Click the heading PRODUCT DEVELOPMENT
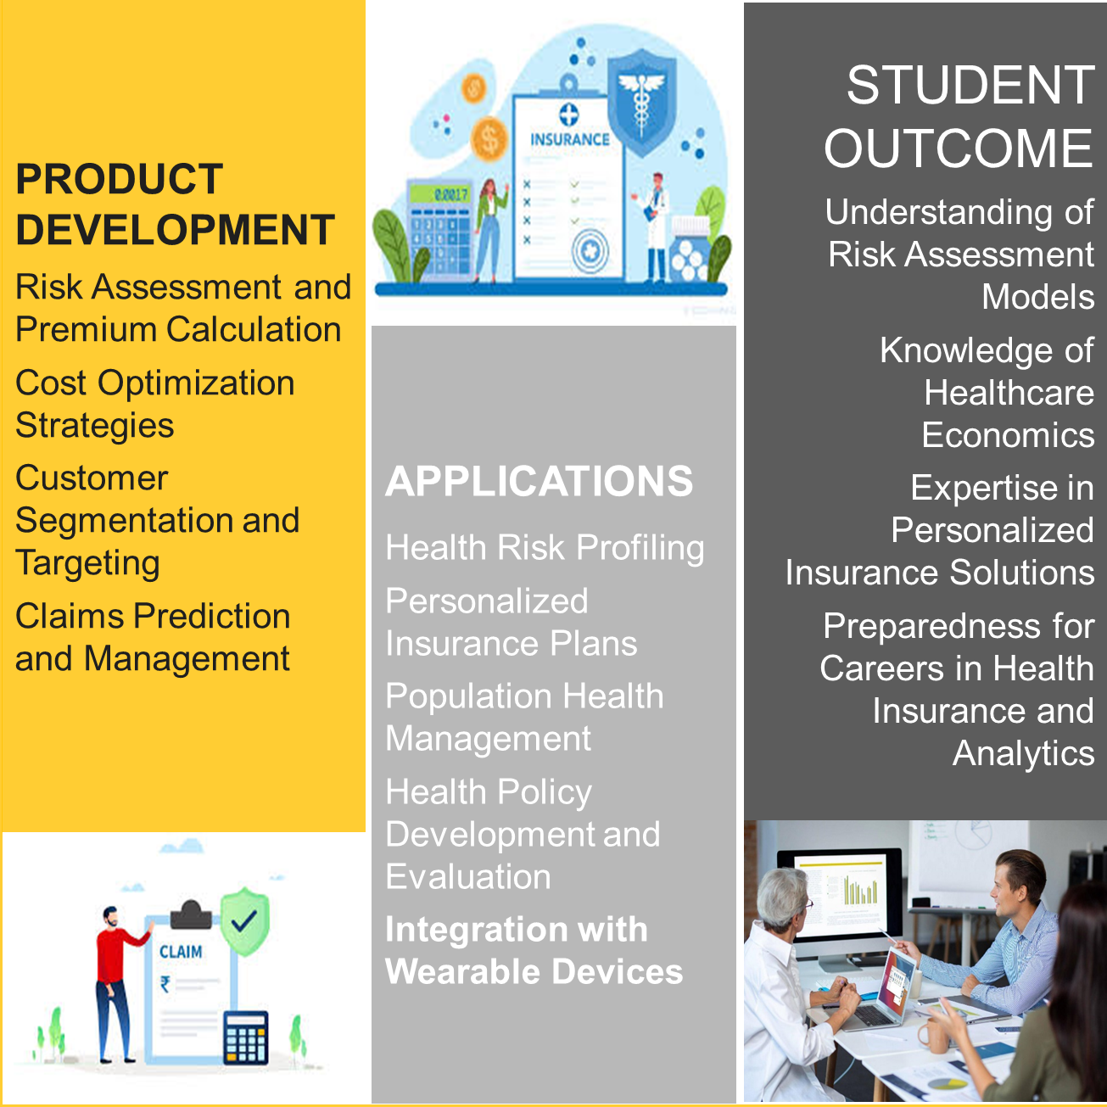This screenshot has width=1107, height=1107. click(x=176, y=204)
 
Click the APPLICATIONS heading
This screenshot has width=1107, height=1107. click(x=539, y=481)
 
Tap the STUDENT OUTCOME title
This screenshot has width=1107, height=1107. click(x=959, y=116)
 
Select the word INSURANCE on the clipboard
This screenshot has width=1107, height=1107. click(x=569, y=140)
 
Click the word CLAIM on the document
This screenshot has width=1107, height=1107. click(x=181, y=952)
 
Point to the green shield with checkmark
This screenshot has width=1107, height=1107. click(x=245, y=921)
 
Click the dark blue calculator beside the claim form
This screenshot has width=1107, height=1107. click(x=245, y=1038)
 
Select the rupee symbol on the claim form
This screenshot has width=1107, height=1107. click(x=165, y=984)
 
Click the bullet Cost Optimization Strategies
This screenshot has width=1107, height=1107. click(x=154, y=404)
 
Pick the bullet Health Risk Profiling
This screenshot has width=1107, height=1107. click(x=545, y=547)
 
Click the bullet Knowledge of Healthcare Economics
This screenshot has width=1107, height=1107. click(x=987, y=393)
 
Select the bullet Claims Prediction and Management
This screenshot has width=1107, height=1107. click(x=153, y=637)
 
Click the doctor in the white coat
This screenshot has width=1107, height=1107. click(x=654, y=227)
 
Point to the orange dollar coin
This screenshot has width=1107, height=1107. click(x=489, y=138)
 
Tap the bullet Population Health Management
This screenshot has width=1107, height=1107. click(x=524, y=716)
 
